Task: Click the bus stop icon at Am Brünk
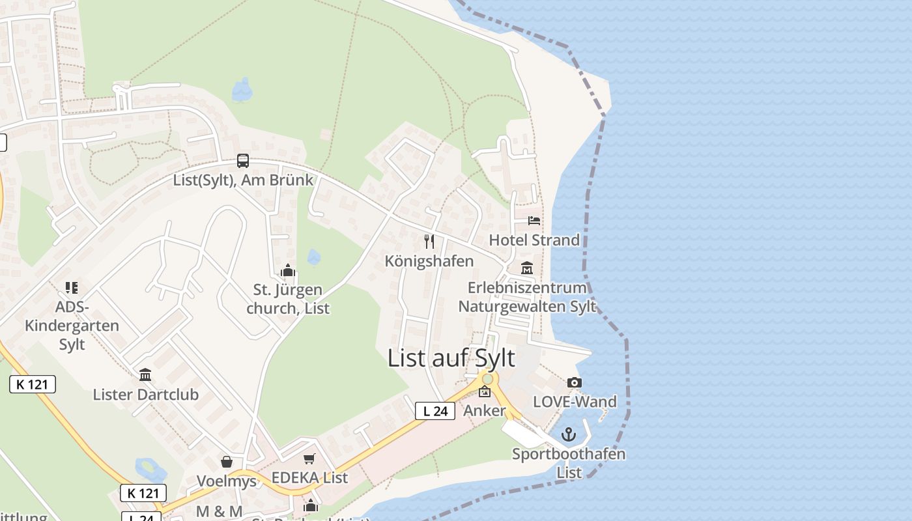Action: click(x=243, y=160)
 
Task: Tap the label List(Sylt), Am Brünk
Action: click(x=243, y=180)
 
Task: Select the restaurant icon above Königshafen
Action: click(x=429, y=242)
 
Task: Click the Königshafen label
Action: click(x=429, y=261)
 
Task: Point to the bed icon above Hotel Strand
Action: click(x=534, y=221)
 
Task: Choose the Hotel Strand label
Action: click(x=534, y=240)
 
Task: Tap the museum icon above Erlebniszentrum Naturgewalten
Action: click(x=527, y=268)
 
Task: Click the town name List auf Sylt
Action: click(x=451, y=358)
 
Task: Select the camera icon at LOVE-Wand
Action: click(x=574, y=382)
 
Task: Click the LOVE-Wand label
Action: click(x=575, y=401)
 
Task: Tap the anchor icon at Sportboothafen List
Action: click(x=569, y=434)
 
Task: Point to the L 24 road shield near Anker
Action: click(x=435, y=411)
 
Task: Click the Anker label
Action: click(x=484, y=411)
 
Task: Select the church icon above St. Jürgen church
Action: click(x=288, y=270)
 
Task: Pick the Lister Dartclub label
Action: click(x=145, y=394)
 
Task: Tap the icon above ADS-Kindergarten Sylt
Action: click(x=72, y=288)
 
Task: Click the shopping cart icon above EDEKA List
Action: click(x=309, y=459)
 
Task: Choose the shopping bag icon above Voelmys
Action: click(x=227, y=462)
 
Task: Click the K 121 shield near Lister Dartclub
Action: click(x=33, y=384)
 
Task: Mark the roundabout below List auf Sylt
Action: click(x=487, y=378)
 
